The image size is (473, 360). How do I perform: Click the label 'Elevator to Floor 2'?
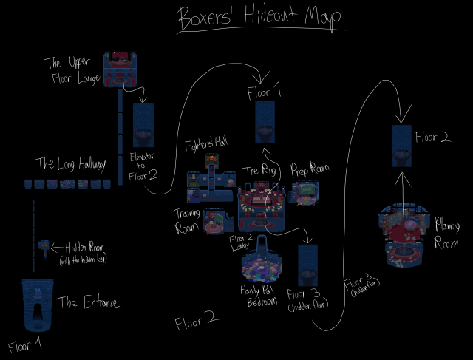(143, 166)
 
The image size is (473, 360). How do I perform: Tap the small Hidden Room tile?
(44, 245)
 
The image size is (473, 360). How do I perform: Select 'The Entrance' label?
(88, 302)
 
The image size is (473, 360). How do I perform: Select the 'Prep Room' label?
(310, 169)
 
